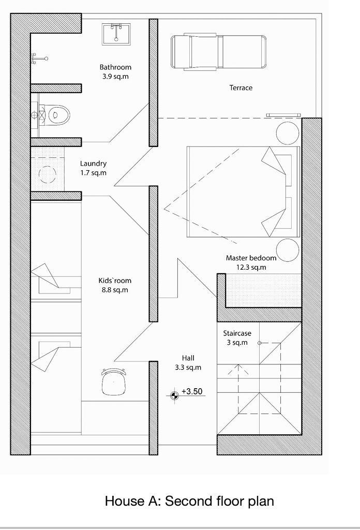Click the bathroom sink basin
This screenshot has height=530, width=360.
[116, 34]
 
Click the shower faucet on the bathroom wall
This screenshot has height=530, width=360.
[39, 58]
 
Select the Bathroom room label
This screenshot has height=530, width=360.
[115, 67]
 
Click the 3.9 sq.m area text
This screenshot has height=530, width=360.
[115, 77]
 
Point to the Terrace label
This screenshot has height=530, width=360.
[241, 88]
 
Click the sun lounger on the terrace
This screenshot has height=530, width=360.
[218, 52]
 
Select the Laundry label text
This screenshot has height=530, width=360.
[93, 164]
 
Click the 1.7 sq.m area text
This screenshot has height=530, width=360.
[93, 173]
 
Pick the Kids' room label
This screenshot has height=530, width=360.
[115, 281]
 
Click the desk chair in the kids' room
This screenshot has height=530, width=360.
[114, 381]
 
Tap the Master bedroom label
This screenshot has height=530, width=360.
[251, 258]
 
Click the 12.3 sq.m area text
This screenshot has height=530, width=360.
[251, 268]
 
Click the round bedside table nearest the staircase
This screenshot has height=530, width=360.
[288, 250]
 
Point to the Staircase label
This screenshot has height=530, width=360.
[237, 333]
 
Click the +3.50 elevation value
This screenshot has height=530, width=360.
[192, 391]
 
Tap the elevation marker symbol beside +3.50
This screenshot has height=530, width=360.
[174, 395]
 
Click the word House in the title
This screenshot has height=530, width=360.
[124, 501]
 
